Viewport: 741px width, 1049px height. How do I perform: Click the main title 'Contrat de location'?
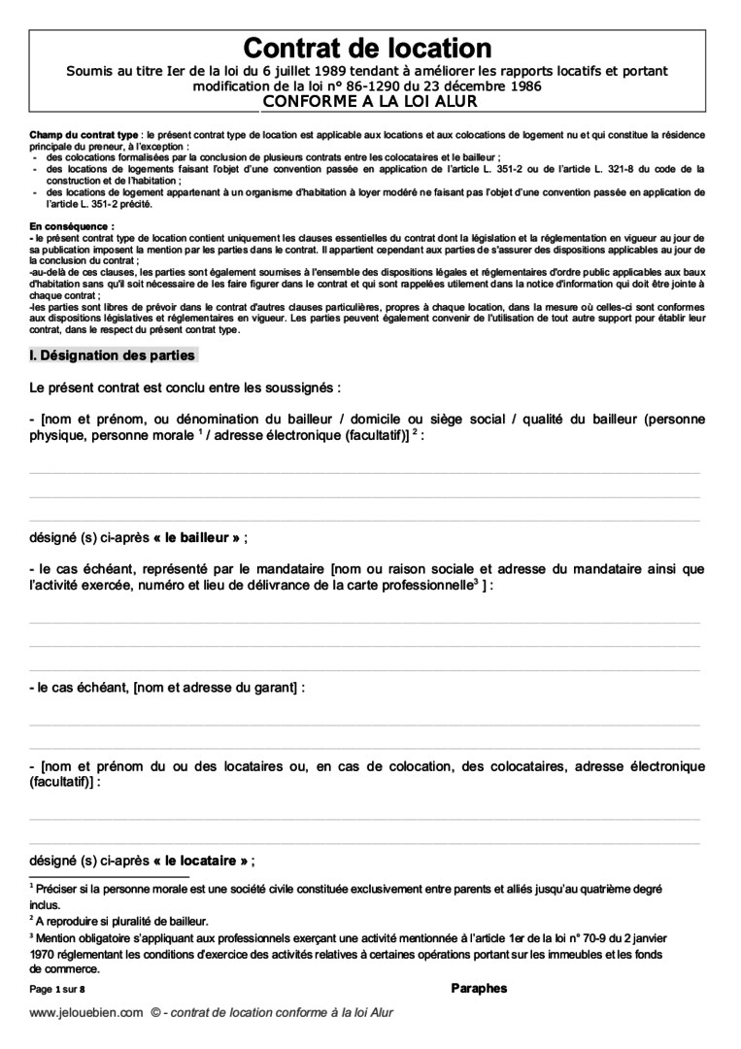[x=367, y=48]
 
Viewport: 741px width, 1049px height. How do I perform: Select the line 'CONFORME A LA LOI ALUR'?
[x=367, y=99]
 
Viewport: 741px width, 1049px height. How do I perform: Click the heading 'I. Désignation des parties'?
[x=113, y=355]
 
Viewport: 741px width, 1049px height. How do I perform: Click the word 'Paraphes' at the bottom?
[x=479, y=989]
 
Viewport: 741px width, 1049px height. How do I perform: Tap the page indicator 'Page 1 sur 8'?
[x=57, y=990]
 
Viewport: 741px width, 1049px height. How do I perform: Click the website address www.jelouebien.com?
[x=86, y=1012]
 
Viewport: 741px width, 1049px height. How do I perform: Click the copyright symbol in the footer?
[x=155, y=1012]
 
